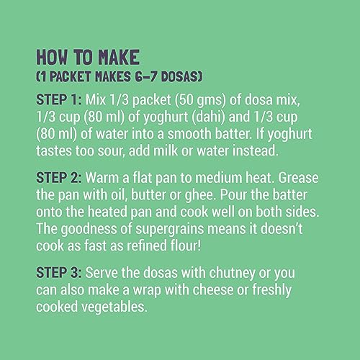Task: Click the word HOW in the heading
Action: (52, 57)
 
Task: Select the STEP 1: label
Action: (59, 99)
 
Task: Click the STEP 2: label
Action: (59, 178)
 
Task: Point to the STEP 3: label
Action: (59, 273)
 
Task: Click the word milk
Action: (166, 150)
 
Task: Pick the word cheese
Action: (213, 289)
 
